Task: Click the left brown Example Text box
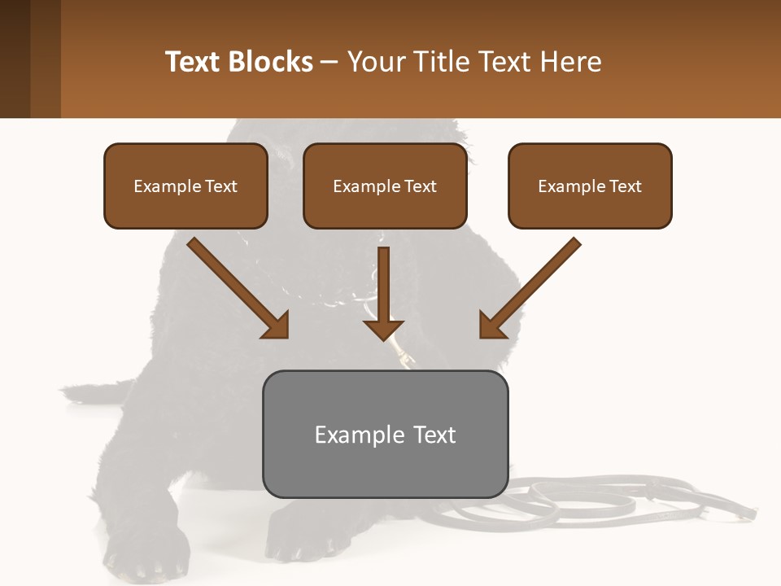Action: point(185,186)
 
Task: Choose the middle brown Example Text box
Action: point(385,186)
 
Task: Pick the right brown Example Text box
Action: point(590,186)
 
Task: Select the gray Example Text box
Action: point(385,434)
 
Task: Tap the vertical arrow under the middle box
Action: point(383,293)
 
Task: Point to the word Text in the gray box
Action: point(434,435)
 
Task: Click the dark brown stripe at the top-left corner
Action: point(15,59)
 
